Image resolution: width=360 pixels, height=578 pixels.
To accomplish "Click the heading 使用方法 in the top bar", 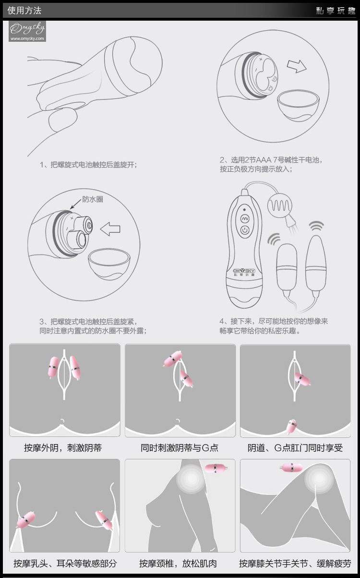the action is tap(24, 11).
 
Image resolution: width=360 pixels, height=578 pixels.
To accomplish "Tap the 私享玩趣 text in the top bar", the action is tap(336, 11).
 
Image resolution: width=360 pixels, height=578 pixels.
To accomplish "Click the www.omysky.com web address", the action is tap(27, 39).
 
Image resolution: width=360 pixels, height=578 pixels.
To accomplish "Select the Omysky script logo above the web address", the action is tap(27, 28).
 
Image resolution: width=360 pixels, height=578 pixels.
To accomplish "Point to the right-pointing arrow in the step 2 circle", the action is tap(297, 66).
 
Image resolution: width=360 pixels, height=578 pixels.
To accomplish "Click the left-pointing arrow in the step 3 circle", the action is tap(110, 229).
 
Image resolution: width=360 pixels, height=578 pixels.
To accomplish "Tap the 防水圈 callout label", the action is tap(93, 199).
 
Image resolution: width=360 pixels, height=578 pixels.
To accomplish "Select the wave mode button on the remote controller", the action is tap(245, 219).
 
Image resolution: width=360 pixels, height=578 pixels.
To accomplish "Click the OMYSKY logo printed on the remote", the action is tap(244, 271).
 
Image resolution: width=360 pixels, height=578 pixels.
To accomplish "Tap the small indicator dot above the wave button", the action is tap(244, 209).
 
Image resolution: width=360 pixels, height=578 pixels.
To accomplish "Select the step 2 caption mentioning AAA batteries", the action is tap(271, 164).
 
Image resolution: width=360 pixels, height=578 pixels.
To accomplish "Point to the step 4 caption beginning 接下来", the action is tap(274, 326).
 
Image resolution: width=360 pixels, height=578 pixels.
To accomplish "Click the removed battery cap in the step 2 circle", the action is tap(299, 105).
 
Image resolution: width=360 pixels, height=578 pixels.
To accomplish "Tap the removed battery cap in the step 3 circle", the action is tap(109, 264).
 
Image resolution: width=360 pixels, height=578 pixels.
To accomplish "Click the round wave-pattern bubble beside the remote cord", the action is tap(280, 205).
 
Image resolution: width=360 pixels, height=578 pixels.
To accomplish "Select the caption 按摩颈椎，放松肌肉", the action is tap(178, 563).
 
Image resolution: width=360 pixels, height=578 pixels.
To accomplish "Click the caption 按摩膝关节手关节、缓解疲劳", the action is tap(295, 563).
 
